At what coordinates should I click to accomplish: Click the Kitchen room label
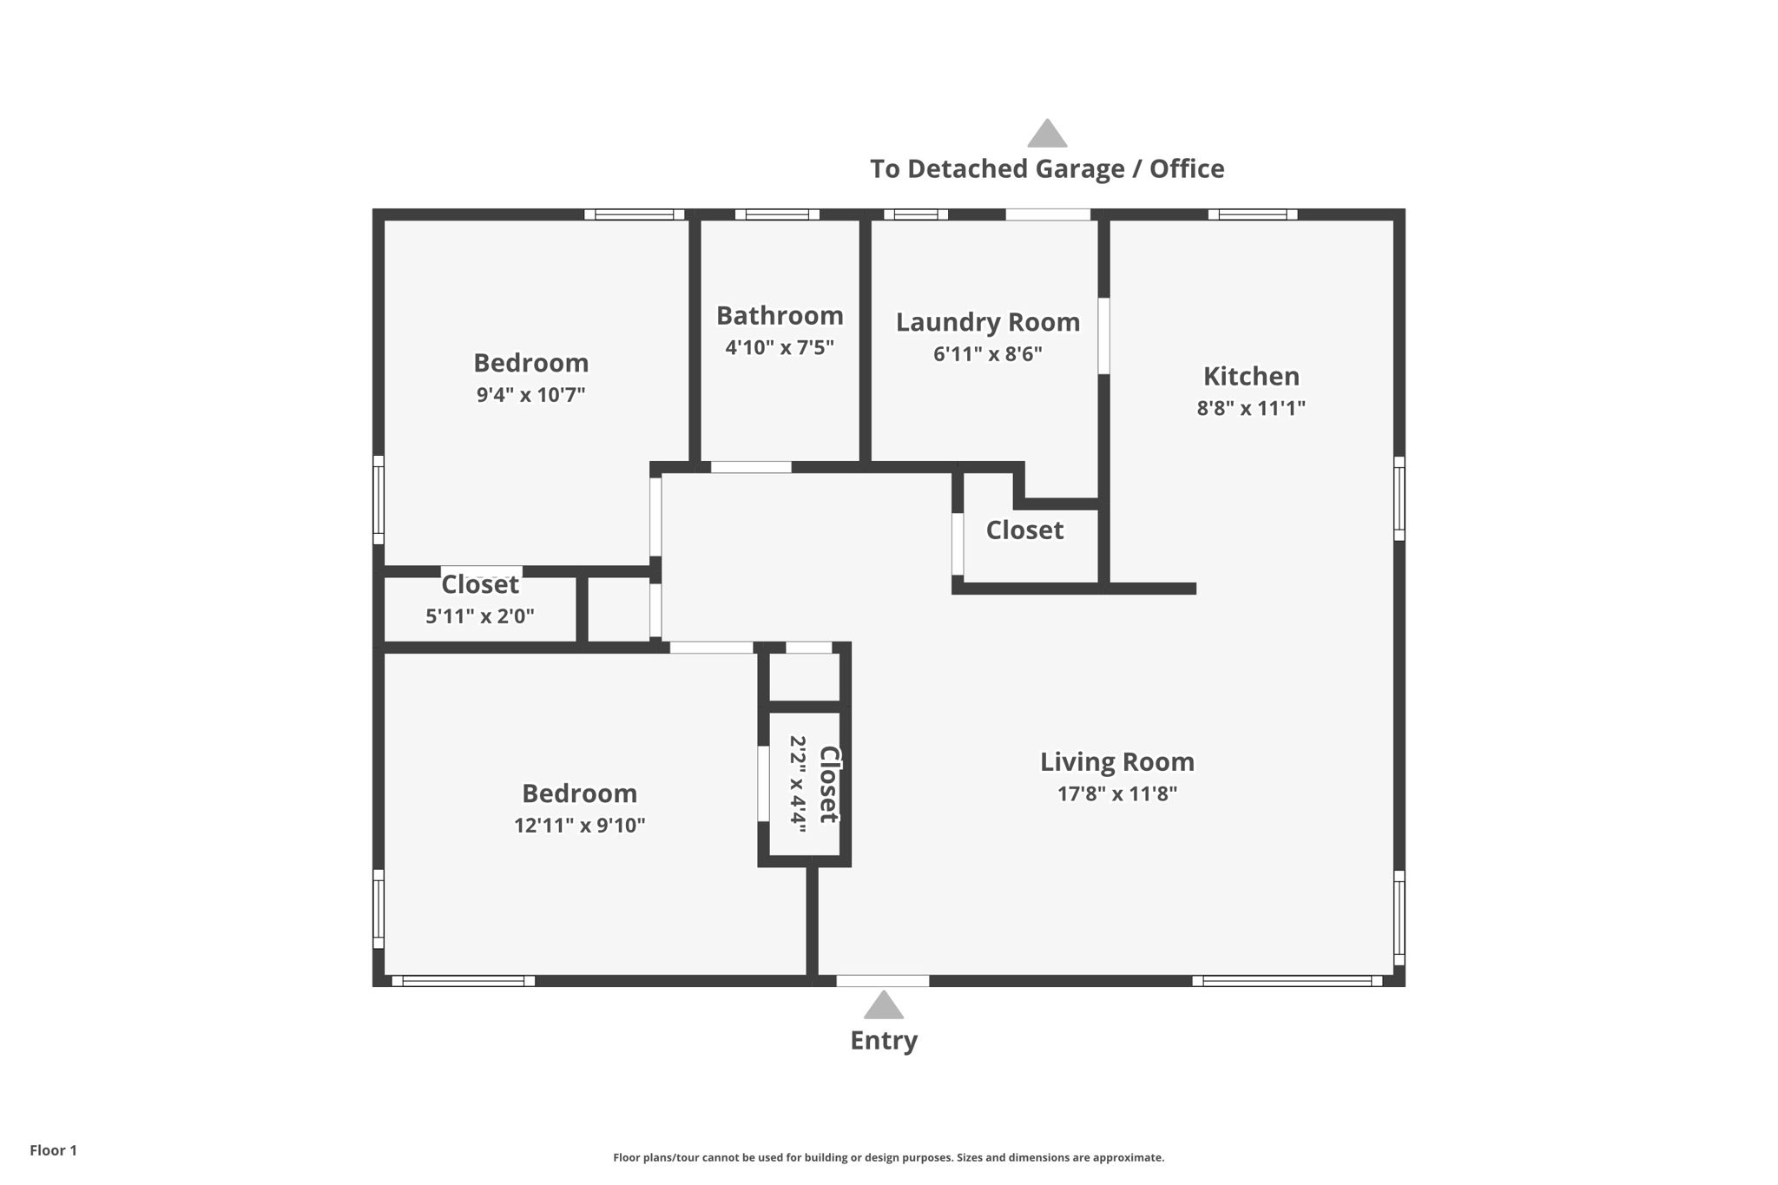point(1251,376)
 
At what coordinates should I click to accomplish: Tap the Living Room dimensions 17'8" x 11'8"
point(1116,793)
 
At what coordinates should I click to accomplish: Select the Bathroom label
point(780,315)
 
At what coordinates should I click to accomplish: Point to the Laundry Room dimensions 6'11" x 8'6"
point(988,354)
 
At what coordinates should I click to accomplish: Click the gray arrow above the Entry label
point(883,1005)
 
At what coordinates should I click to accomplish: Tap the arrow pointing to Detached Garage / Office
point(1047,134)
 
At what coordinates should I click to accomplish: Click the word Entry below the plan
point(883,1040)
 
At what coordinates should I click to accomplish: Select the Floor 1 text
point(53,1150)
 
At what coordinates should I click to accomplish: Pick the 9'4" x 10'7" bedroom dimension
point(530,395)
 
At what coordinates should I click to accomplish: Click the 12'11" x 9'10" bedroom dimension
point(579,825)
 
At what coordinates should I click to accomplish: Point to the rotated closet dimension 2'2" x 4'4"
point(798,784)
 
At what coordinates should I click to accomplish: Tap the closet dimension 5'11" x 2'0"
point(479,616)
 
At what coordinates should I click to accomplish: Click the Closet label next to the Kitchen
point(1024,530)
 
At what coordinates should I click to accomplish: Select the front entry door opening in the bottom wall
point(882,981)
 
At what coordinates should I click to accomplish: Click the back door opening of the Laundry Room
point(1048,214)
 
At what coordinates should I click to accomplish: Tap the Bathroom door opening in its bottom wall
point(751,467)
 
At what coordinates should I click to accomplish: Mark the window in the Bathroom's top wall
point(777,214)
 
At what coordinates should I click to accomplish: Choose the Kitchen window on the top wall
point(1252,214)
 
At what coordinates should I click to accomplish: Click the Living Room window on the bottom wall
point(1286,981)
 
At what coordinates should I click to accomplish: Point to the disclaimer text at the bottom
point(888,1157)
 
